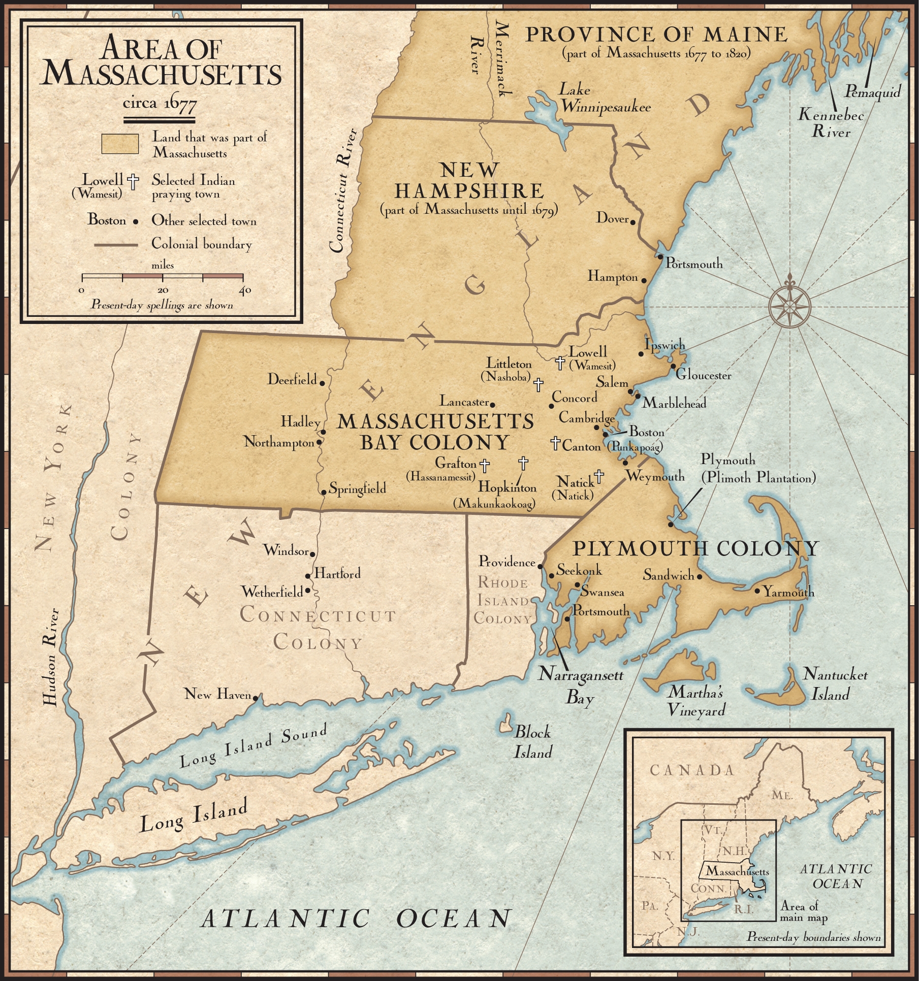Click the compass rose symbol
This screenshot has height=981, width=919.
pyautogui.click(x=789, y=307)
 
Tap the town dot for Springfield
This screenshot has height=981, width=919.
pyautogui.click(x=324, y=492)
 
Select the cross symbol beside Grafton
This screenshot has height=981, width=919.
pyautogui.click(x=485, y=464)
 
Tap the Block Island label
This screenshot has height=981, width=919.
pyautogui.click(x=532, y=742)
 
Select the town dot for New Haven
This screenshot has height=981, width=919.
pyautogui.click(x=256, y=698)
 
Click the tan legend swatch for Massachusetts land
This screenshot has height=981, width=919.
pyautogui.click(x=120, y=144)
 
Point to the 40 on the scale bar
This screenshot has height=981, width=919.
pyautogui.click(x=245, y=290)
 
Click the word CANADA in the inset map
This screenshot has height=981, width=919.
pyautogui.click(x=692, y=770)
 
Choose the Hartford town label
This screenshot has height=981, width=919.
pyautogui.click(x=337, y=574)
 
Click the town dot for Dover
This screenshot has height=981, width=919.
pyautogui.click(x=633, y=221)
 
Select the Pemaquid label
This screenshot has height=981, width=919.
pyautogui.click(x=872, y=91)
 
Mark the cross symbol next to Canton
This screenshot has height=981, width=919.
pyautogui.click(x=556, y=443)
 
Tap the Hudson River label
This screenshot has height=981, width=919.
pyautogui.click(x=51, y=657)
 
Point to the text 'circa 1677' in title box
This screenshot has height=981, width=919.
pyautogui.click(x=160, y=104)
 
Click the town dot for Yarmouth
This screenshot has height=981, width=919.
pyautogui.click(x=757, y=591)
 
